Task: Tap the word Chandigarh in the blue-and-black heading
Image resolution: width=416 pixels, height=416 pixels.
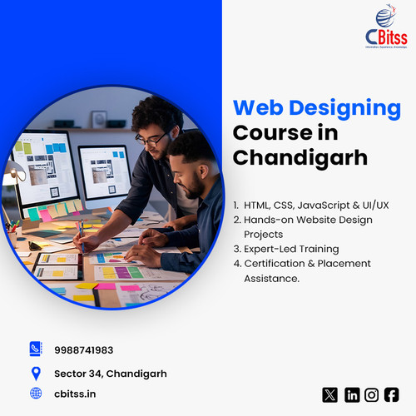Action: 300,156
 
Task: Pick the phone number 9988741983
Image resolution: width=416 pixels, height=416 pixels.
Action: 83,350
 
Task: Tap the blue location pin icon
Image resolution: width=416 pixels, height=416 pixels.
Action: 35,373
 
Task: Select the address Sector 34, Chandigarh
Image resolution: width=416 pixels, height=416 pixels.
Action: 110,374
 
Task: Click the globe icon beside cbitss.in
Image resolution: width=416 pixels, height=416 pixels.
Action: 35,393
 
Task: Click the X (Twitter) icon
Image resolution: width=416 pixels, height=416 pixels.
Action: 329,394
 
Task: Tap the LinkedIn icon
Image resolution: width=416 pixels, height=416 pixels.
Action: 352,394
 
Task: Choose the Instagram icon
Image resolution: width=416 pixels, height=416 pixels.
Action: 372,394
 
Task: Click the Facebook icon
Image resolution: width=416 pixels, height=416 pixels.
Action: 391,394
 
